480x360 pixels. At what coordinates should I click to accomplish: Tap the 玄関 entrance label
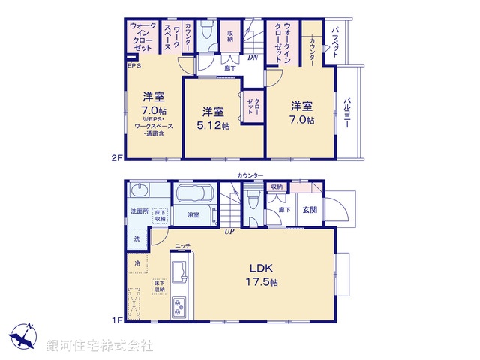(x=310, y=210)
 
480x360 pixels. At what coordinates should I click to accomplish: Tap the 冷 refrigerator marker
(x=137, y=262)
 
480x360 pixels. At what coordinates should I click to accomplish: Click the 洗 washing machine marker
(x=136, y=238)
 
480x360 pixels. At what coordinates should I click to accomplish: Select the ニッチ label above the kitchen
(x=182, y=245)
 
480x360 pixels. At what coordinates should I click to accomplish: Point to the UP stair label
(x=229, y=231)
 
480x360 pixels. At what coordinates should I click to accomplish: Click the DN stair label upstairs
(x=253, y=57)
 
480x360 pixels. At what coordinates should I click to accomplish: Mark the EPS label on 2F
(x=133, y=66)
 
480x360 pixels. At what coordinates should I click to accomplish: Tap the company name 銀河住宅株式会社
(x=100, y=346)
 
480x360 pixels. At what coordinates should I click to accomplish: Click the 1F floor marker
(x=116, y=320)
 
